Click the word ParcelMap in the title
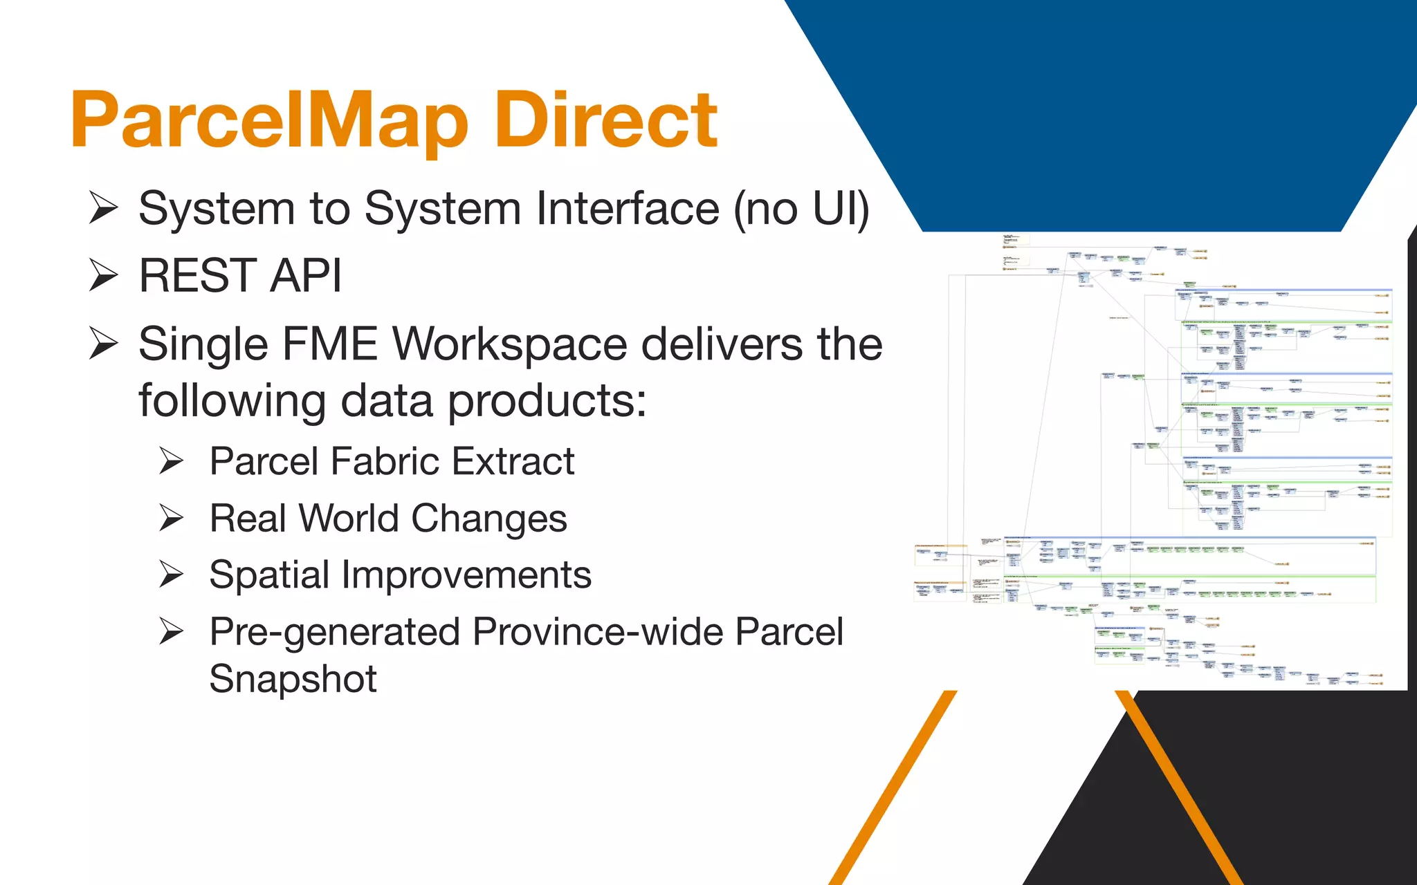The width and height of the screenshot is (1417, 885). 270,121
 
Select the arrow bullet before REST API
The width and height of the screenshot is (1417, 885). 104,275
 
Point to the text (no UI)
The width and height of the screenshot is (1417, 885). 801,208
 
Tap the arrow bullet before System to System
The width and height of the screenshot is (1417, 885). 104,208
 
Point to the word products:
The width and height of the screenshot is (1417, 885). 547,401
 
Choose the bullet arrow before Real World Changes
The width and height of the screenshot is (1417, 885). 171,518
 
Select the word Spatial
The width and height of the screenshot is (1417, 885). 269,575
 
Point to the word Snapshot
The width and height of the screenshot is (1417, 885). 293,678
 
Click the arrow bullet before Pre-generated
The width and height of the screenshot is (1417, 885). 171,631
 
